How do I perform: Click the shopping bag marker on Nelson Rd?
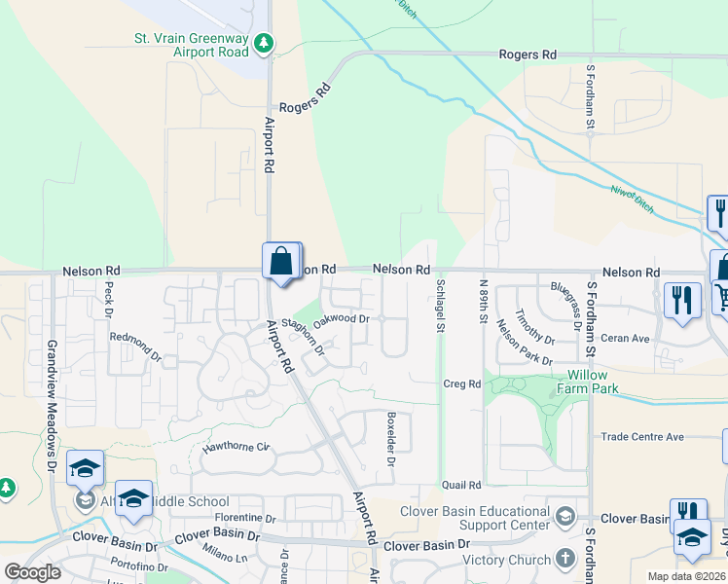point(281,262)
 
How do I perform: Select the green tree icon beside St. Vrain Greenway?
point(264,44)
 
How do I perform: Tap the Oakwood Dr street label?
point(343,318)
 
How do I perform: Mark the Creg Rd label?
point(461,384)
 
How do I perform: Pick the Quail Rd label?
point(461,485)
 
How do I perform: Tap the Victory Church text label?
point(506,560)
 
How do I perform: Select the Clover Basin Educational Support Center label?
point(475,519)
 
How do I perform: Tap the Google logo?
point(32,571)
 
